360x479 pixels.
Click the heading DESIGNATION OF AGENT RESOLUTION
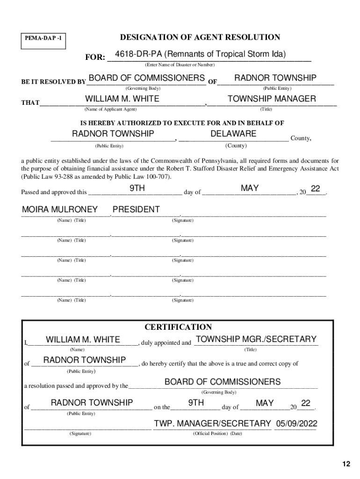[x=200, y=37]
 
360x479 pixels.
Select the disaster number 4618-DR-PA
[x=137, y=54]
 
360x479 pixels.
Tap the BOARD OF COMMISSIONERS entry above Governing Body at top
[x=146, y=78]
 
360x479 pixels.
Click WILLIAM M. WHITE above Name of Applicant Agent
[x=122, y=99]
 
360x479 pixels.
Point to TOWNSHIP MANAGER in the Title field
[x=272, y=99]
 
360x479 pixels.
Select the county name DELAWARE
[x=233, y=134]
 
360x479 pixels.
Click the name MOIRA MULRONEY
[x=60, y=210]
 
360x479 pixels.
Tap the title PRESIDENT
[x=136, y=210]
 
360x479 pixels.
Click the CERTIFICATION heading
[x=178, y=327]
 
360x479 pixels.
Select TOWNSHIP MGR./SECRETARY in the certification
[x=256, y=339]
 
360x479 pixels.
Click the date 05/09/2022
[x=296, y=424]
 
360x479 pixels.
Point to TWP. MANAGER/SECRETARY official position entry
[x=213, y=424]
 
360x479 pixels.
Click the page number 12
[x=346, y=464]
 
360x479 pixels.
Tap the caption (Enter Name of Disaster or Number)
[x=180, y=65]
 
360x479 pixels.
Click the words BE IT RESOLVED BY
[x=53, y=82]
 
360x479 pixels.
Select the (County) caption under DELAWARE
[x=236, y=145]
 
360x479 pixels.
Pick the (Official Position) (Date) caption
[x=217, y=434]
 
